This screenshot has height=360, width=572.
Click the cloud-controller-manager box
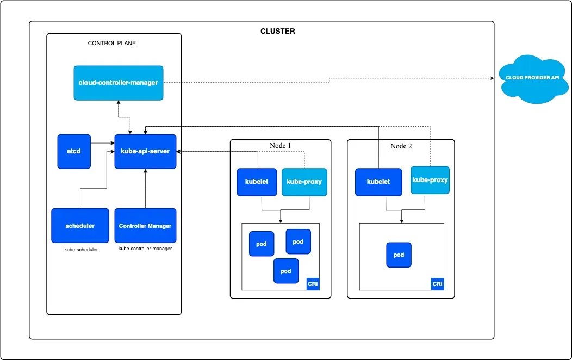point(119,83)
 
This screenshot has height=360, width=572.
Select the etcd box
point(74,151)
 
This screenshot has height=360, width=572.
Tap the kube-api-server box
point(145,151)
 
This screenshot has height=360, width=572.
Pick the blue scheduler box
point(80,226)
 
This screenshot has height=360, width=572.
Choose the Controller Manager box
point(145,226)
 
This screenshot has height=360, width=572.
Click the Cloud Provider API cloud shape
point(532,78)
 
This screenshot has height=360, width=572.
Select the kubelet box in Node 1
point(257,182)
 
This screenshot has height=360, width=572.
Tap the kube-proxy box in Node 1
point(304,182)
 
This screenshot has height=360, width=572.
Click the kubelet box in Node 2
point(378,182)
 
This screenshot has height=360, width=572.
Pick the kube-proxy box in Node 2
point(430,180)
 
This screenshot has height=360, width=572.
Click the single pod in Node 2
point(399,255)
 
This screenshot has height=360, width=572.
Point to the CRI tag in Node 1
point(313,284)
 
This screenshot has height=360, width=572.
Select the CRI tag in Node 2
point(437,284)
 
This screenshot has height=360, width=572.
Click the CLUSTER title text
point(278,32)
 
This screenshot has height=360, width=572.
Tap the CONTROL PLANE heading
point(112,43)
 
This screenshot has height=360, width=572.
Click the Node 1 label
point(281,146)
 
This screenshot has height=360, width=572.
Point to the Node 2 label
point(401,146)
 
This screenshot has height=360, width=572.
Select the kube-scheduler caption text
point(81,250)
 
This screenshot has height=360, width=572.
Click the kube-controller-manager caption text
point(145,249)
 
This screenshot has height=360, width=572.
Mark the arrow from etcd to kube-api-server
point(102,143)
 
